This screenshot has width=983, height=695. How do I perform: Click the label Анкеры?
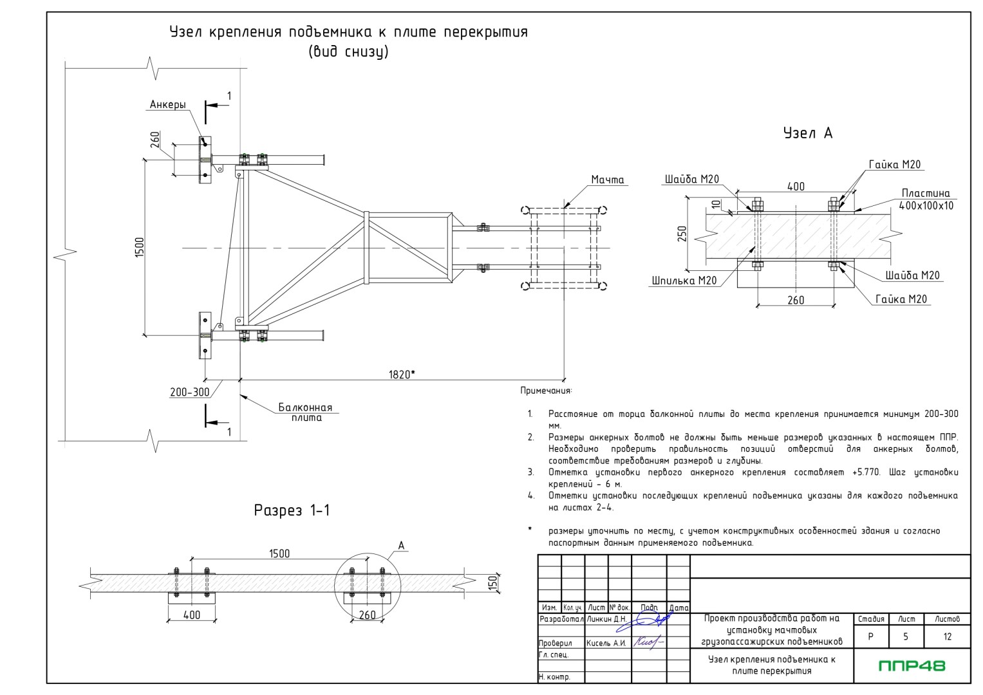coord(168,105)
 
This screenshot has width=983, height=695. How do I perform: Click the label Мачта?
coord(608,180)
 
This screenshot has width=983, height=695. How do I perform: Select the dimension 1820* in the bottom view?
coord(402,374)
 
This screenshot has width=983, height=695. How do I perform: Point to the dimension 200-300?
coord(189,392)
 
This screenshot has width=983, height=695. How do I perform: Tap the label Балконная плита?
coord(305,412)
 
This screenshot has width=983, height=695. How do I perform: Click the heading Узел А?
coord(807,133)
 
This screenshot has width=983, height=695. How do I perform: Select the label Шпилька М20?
coord(684,281)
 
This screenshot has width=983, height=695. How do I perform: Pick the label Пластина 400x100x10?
coord(926,199)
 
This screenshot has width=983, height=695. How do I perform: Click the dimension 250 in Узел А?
coord(682,234)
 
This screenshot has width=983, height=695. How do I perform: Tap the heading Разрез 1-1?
coord(292,511)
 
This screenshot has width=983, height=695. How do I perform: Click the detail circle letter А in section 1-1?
coord(401,546)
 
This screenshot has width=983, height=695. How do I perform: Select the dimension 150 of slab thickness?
coord(493,583)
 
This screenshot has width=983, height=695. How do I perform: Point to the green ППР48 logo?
coord(912,665)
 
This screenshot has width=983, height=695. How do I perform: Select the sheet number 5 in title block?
coord(905,636)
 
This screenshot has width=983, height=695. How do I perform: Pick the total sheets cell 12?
coord(947,636)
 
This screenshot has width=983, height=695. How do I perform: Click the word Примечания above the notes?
coord(545,391)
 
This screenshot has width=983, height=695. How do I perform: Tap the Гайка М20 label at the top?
coord(894,165)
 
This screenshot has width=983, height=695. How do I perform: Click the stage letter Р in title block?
coord(870,636)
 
